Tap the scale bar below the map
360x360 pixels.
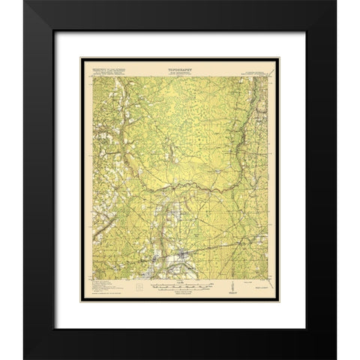(180, 284)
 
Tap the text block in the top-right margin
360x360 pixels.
(259, 70)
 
